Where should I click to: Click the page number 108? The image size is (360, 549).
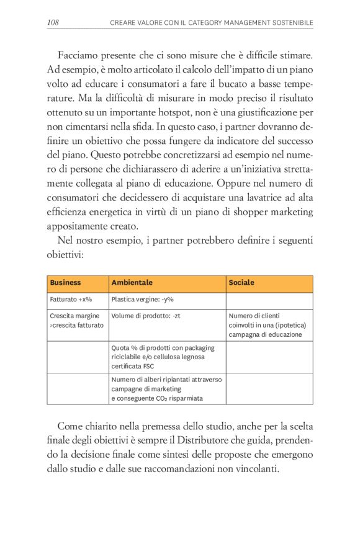(x=53, y=23)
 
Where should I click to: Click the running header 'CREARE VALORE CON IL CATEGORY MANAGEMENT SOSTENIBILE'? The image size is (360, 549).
(x=211, y=23)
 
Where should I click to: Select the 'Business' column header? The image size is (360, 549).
(x=65, y=283)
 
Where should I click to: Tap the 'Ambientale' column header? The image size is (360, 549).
(x=132, y=283)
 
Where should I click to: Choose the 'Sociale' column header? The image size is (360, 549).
(x=241, y=283)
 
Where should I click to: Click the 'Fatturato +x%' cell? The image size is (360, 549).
(x=71, y=300)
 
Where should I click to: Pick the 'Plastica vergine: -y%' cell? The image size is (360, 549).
(x=142, y=300)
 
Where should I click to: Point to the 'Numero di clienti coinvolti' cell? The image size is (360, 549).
(x=268, y=325)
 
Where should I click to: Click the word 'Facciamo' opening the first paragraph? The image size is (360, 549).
(x=78, y=55)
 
